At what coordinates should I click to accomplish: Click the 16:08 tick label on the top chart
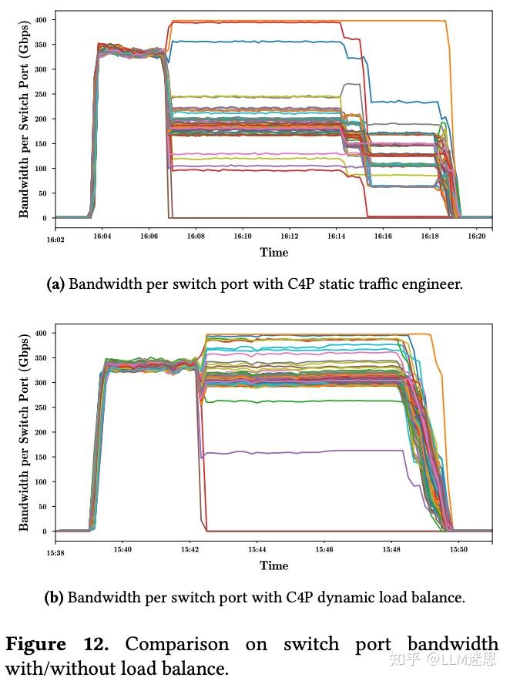pos(196,238)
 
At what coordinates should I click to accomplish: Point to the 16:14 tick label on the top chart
pos(337,238)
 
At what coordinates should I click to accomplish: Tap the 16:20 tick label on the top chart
pos(477,238)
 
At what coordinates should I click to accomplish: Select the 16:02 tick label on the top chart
pos(55,238)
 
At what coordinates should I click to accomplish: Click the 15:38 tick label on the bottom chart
pos(55,551)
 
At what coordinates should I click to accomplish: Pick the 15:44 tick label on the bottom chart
pos(257,551)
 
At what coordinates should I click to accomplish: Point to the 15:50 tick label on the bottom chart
pos(458,551)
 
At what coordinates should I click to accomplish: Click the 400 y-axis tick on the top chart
pos(40,19)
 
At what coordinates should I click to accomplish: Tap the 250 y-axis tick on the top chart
pos(40,94)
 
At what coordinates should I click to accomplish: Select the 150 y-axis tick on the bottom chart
pos(39,457)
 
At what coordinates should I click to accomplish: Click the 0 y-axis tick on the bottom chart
pos(45,532)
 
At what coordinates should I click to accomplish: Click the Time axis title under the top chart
pos(273,253)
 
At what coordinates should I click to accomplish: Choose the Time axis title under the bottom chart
pos(273,565)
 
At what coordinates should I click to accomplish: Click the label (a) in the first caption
pos(55,284)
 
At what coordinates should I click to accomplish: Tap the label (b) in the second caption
pos(55,597)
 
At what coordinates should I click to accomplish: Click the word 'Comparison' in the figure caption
pos(177,645)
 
